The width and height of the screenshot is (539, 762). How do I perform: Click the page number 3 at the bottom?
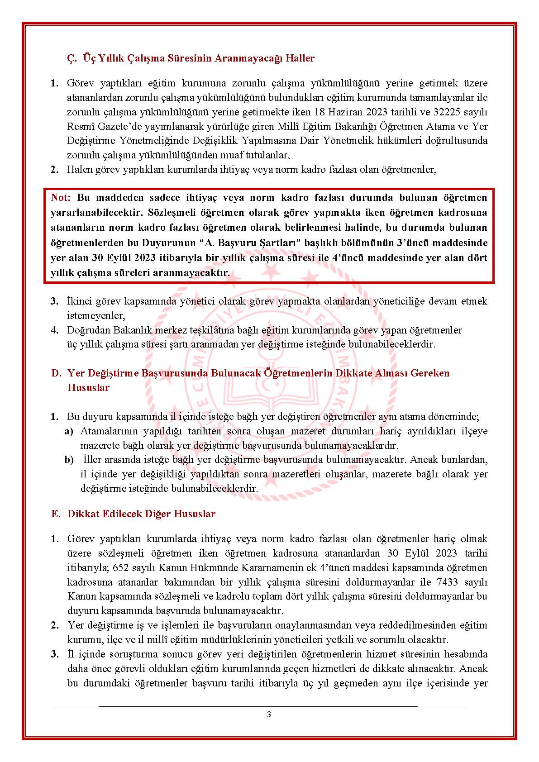[x=269, y=715]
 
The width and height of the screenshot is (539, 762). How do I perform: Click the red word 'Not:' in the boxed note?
[x=61, y=198]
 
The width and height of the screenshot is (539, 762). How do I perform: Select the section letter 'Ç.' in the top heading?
[x=72, y=58]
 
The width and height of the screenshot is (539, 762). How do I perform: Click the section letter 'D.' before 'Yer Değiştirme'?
[x=56, y=373]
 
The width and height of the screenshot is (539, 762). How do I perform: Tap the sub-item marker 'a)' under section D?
[x=68, y=431]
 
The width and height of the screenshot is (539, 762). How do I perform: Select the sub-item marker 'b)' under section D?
[x=69, y=460]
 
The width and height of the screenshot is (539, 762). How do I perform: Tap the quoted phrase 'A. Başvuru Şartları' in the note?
[x=250, y=243]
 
